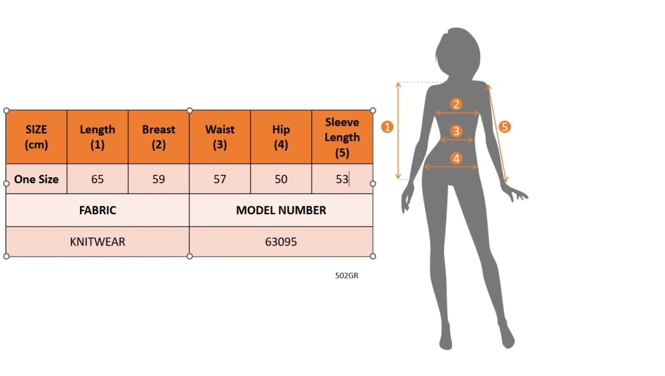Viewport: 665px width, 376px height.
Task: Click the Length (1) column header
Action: point(97,137)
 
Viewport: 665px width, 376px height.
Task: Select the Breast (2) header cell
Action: point(158,137)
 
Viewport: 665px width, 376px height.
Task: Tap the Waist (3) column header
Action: point(220,137)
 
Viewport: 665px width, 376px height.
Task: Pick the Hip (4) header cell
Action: point(281,137)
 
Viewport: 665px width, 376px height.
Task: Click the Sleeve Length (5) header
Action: point(342,137)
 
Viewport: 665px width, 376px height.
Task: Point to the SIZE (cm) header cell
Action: point(36,137)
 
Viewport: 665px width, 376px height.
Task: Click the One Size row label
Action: point(36,179)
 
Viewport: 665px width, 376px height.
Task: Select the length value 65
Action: point(97,179)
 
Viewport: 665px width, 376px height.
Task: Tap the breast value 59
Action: point(158,179)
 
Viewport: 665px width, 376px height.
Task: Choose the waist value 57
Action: point(220,179)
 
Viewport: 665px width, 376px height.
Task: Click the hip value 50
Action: point(281,179)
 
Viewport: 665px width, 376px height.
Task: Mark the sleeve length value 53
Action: point(342,179)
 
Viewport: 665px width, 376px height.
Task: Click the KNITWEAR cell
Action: point(97,242)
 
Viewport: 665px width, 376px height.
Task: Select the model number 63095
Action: point(281,242)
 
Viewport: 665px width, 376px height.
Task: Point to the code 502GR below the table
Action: point(347,275)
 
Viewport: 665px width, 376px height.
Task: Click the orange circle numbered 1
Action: point(387,127)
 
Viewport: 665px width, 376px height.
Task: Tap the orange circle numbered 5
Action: point(505,127)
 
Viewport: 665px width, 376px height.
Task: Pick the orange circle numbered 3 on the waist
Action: point(457,131)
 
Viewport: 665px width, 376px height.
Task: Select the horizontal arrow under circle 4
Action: point(451,167)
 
